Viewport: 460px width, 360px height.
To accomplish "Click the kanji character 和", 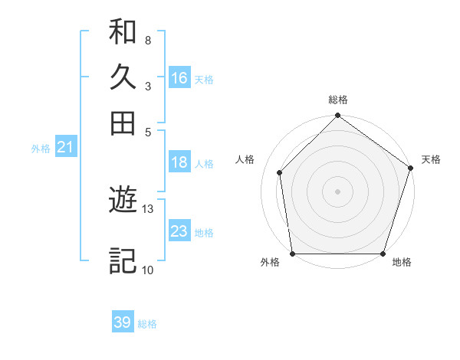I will pos(123,31).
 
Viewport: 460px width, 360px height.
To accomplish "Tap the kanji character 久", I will pos(123,77).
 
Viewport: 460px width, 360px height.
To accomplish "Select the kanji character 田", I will pos(123,123).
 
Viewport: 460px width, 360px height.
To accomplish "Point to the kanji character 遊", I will pos(123,201).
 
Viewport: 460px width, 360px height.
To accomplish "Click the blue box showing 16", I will pos(179,78).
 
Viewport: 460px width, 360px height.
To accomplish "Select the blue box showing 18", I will pos(179,162).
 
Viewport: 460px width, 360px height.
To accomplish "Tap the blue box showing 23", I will pos(179,231).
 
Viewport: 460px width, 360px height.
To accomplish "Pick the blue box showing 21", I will pos(65,147).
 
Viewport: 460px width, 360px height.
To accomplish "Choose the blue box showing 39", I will pos(122,322).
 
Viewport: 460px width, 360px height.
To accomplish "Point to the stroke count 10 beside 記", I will pos(148,270).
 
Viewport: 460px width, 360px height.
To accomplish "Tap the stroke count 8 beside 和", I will pos(147,40).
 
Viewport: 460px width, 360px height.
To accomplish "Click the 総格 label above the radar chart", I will pos(337,100).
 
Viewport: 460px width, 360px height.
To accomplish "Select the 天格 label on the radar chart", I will pos(431,159).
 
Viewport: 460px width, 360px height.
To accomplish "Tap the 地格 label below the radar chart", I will pos(402,263).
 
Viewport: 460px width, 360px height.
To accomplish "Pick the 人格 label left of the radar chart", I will pos(245,159).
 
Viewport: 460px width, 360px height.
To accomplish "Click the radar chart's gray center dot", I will pos(337,191).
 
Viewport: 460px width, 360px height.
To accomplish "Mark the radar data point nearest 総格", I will pos(337,117).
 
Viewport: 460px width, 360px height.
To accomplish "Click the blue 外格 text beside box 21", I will pos(40,149).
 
